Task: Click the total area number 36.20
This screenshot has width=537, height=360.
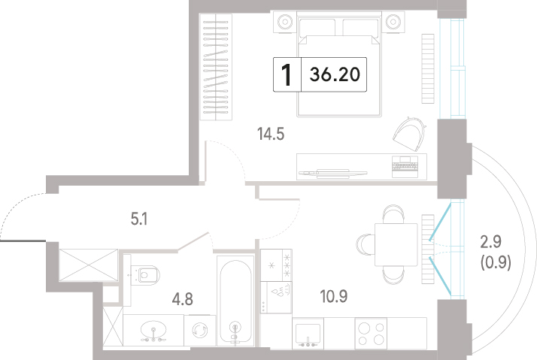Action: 335,74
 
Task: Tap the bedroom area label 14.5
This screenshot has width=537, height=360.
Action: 271,134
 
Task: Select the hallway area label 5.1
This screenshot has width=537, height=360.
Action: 139,219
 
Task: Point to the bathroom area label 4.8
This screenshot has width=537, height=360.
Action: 182,299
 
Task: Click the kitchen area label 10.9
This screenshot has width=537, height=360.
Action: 334,296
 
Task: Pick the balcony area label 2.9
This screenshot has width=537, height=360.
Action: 491,242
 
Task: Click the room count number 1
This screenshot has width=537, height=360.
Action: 287,75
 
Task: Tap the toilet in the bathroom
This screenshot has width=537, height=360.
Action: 145,275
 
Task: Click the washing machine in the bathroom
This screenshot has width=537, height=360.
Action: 199,331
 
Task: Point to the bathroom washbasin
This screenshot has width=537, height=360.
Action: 153,331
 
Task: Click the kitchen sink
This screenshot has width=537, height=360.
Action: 308,334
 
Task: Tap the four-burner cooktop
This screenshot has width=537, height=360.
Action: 371,334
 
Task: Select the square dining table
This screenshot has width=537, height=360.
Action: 396,245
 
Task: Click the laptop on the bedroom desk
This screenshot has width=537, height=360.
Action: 405,166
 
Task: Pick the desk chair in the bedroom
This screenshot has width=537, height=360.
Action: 410,134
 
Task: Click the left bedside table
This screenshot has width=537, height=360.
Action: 284,22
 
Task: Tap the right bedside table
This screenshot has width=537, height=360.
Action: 393,22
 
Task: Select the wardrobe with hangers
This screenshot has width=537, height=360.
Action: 216,67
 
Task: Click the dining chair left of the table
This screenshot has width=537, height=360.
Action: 366,245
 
